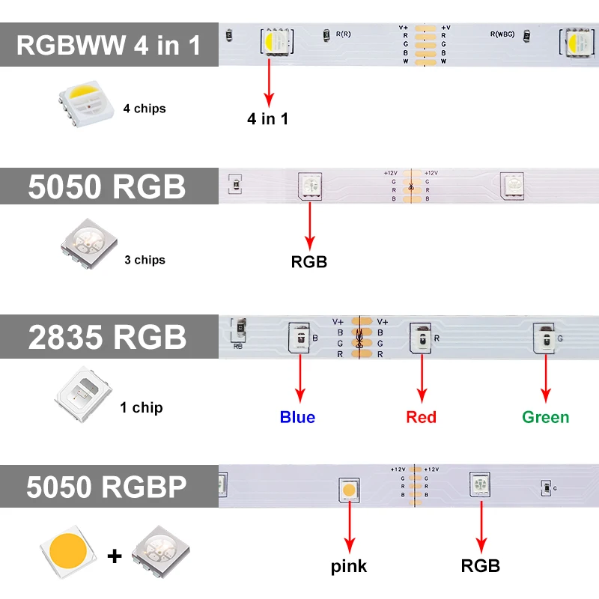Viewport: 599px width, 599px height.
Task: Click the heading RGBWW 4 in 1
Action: click(x=109, y=45)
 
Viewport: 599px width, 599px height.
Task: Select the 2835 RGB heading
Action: click(x=107, y=336)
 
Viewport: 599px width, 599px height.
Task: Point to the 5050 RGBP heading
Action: click(x=106, y=487)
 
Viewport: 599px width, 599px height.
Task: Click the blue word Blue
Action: click(x=297, y=417)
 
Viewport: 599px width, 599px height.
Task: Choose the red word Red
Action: click(x=421, y=417)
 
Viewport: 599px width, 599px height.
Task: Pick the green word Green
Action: click(x=545, y=417)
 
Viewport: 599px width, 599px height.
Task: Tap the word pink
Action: click(x=349, y=566)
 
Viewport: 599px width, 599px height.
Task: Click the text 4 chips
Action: click(x=145, y=109)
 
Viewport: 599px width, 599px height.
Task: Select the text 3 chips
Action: click(x=145, y=260)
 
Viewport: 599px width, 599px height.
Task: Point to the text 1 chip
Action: click(x=142, y=408)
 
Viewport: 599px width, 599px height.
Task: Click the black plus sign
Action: click(x=115, y=556)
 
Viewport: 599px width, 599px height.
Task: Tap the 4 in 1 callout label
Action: click(x=268, y=118)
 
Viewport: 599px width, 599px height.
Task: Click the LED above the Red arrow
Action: click(x=421, y=339)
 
